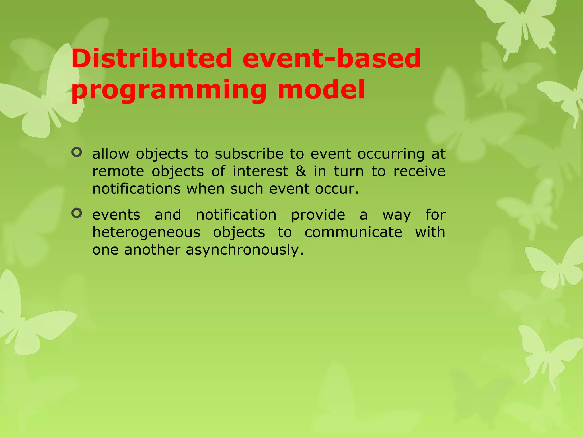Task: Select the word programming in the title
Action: pyautogui.click(x=169, y=90)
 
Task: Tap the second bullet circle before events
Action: pyautogui.click(x=77, y=213)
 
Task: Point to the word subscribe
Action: pyautogui.click(x=249, y=154)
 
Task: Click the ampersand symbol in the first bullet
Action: pyautogui.click(x=301, y=172)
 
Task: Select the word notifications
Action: pyautogui.click(x=136, y=189)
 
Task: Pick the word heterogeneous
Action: pyautogui.click(x=146, y=232)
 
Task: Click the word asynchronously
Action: pyautogui.click(x=245, y=250)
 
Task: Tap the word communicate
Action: pyautogui.click(x=353, y=232)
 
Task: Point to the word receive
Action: pyautogui.click(x=419, y=172)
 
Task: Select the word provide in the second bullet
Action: pyautogui.click(x=318, y=215)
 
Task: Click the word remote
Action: pyautogui.click(x=118, y=172)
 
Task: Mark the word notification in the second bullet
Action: pyautogui.click(x=236, y=215)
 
